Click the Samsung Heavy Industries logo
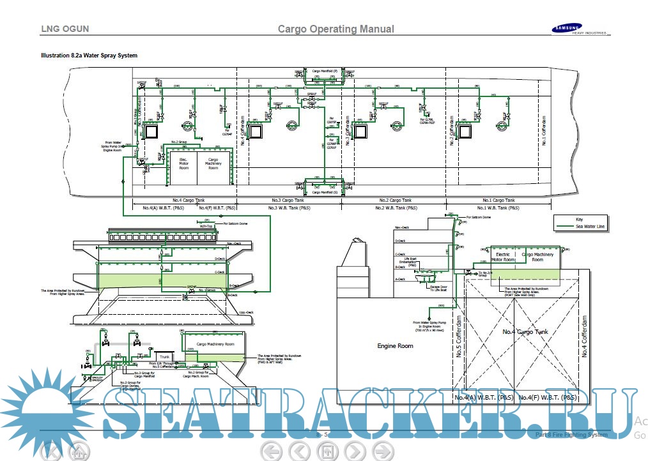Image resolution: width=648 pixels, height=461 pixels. click(575, 29)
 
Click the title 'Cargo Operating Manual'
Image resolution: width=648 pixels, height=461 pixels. click(336, 29)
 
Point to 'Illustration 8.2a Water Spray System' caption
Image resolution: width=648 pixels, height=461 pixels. click(89, 56)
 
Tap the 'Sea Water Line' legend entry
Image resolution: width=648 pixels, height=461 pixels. click(590, 226)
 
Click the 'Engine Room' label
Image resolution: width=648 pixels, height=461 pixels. click(396, 345)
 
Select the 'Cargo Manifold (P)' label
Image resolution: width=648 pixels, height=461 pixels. click(325, 72)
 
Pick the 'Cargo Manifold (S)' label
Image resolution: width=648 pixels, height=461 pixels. click(325, 192)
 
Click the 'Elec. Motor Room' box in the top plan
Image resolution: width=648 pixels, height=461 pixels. click(183, 164)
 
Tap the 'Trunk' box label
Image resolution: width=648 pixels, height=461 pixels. click(164, 356)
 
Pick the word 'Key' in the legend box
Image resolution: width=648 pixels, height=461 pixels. click(580, 219)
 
